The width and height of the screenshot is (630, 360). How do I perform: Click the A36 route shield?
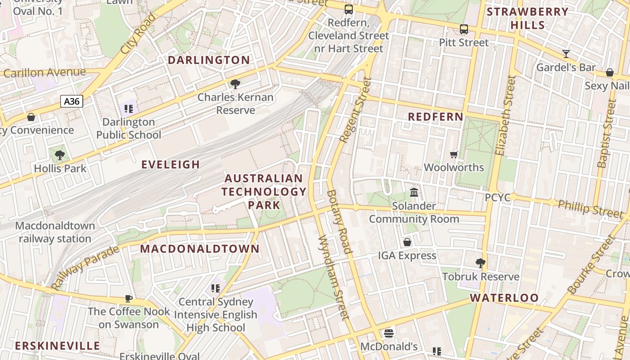point(72,101)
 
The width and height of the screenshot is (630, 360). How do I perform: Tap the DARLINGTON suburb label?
point(209,60)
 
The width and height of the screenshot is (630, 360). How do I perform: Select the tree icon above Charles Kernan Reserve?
point(235,84)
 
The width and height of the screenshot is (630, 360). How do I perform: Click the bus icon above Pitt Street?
point(464,30)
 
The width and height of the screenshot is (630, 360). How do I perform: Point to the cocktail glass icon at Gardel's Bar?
point(566,54)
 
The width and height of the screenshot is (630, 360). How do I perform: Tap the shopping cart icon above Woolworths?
point(454,154)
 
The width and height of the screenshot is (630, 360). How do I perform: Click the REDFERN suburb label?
point(435,117)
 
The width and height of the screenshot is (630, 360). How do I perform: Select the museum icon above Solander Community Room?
point(414,193)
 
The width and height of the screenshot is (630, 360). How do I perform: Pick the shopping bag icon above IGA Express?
point(407,242)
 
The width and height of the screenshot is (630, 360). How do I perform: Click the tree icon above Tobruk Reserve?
point(481,263)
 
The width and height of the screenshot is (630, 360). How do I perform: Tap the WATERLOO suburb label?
point(504,298)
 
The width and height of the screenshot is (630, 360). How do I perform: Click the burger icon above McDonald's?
point(389,333)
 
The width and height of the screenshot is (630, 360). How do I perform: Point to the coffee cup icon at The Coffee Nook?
point(129,298)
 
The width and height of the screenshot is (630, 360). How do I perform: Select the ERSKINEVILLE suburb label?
point(58,346)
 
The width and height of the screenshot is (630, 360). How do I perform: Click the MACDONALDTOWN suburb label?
point(200,249)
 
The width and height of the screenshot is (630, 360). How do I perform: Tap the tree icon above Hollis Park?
point(60,155)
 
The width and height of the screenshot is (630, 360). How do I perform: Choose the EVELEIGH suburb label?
point(171,165)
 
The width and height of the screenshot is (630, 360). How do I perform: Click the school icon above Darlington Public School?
point(129,108)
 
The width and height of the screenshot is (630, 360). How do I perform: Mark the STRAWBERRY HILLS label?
point(528,18)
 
